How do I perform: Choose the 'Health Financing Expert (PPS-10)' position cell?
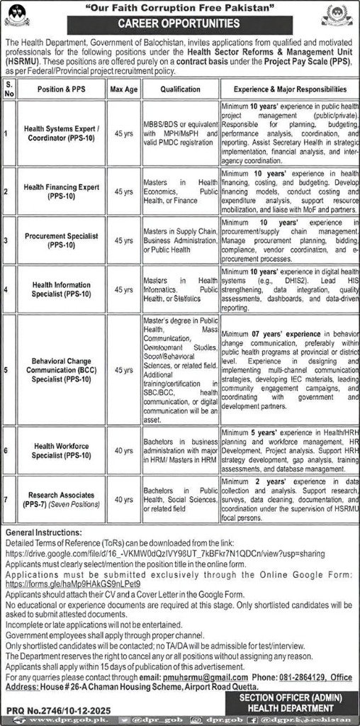(64, 191)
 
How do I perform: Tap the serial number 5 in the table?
(7, 369)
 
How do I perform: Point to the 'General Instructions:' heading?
(40, 532)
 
